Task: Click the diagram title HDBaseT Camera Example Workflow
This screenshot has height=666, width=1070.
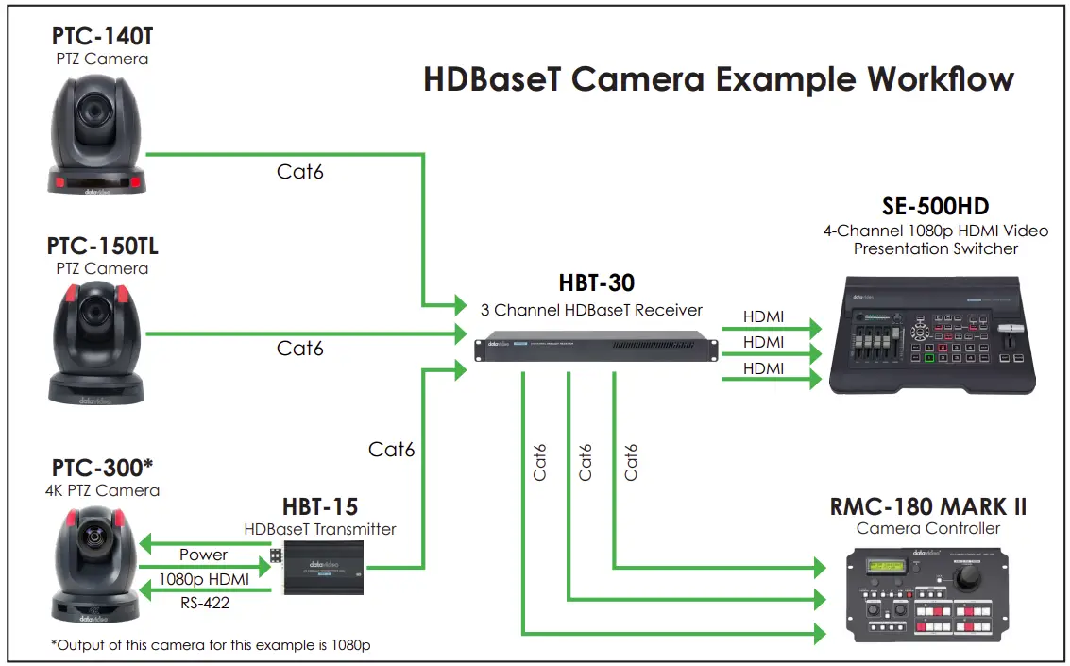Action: click(718, 79)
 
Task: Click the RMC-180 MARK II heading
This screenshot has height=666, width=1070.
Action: click(927, 506)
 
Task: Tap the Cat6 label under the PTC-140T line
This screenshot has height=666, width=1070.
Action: click(300, 171)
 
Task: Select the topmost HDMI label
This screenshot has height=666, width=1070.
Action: click(763, 318)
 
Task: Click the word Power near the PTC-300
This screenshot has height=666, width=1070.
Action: click(203, 555)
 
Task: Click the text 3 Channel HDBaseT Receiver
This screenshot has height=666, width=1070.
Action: click(592, 309)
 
